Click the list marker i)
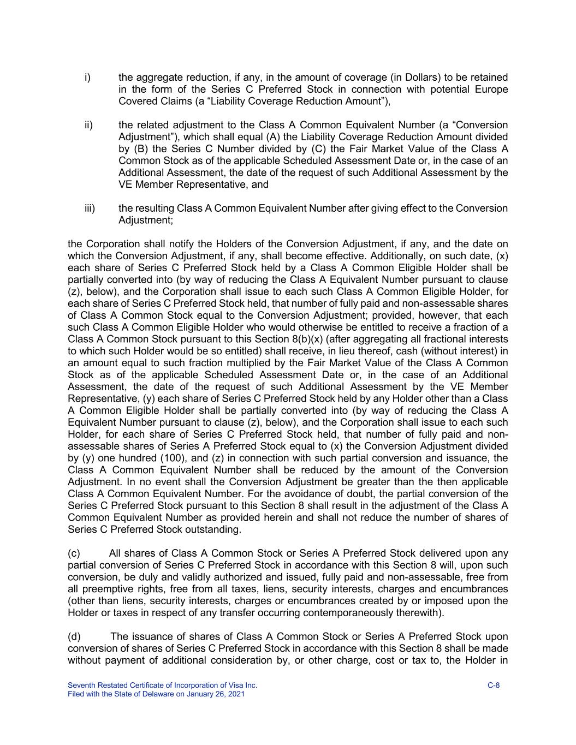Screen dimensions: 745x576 click(x=87, y=78)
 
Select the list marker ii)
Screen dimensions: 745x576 click(x=88, y=125)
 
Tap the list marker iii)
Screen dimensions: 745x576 click(x=90, y=208)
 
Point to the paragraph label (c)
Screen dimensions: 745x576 click(x=74, y=553)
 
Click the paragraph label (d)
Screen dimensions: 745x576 click(x=74, y=636)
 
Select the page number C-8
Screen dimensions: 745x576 click(x=493, y=685)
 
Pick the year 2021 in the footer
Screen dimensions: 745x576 click(x=236, y=694)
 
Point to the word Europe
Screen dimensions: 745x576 click(x=491, y=90)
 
